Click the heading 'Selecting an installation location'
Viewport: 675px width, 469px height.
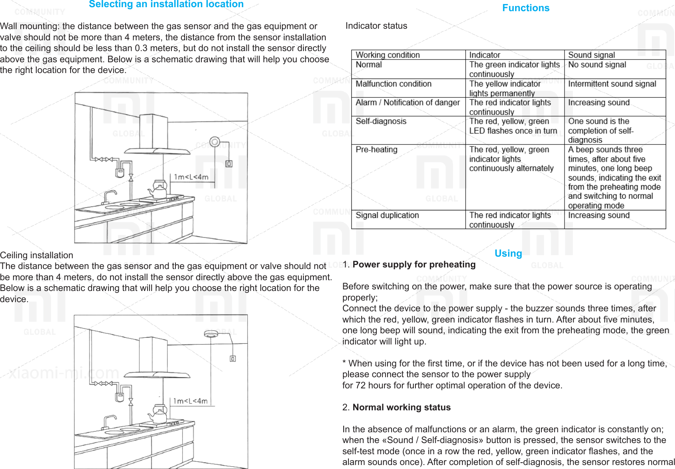[x=166, y=4]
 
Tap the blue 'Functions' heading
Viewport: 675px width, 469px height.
[x=525, y=8]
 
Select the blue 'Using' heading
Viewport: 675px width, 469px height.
[x=508, y=253]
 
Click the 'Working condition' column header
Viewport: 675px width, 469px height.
[x=388, y=55]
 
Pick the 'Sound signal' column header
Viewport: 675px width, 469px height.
[x=591, y=55]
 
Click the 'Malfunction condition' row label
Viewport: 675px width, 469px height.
[x=394, y=84]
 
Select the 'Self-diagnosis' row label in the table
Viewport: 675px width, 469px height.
[x=381, y=121]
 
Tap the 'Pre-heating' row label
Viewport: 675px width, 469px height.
[x=376, y=150]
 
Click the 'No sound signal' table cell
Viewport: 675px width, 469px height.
[x=597, y=65]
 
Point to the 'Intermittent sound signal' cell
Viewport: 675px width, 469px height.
[x=612, y=84]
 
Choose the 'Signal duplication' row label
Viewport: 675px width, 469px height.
[x=387, y=216]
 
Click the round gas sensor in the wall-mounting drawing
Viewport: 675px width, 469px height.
[x=215, y=142]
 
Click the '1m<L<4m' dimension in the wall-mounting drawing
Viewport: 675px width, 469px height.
[x=191, y=177]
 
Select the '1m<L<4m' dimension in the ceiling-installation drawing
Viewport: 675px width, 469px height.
[x=190, y=401]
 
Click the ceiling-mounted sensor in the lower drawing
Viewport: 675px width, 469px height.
[x=211, y=334]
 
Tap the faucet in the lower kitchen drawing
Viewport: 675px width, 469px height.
[x=109, y=421]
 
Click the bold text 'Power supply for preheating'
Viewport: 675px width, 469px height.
[x=414, y=265]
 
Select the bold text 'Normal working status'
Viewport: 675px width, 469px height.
[x=401, y=408]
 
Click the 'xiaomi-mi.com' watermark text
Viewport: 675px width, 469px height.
[x=64, y=373]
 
